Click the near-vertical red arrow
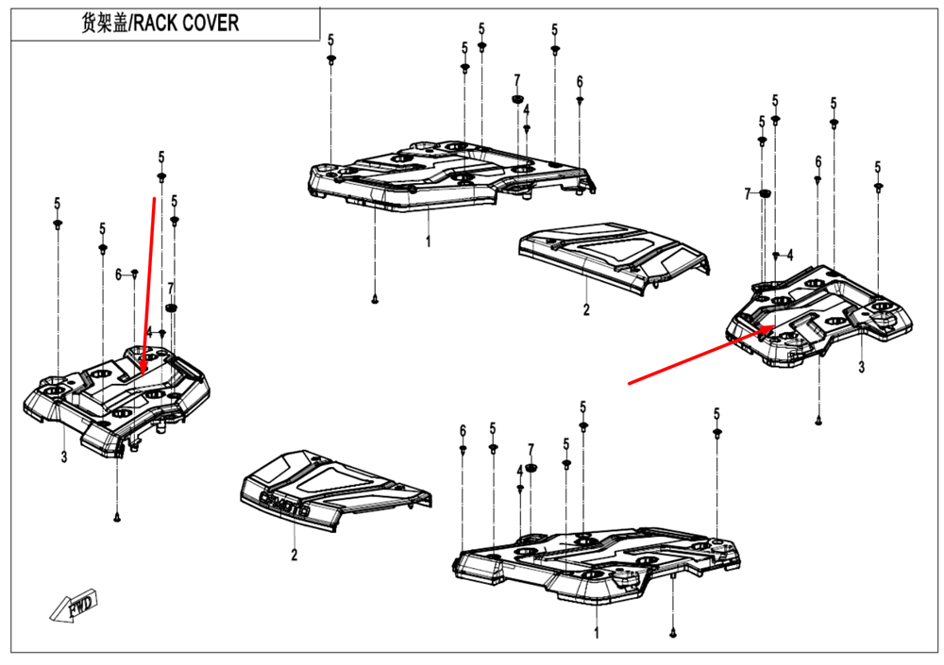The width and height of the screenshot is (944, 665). (149, 283)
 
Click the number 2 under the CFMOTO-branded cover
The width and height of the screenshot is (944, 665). (294, 556)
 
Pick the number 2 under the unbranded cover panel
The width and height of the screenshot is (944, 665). (585, 309)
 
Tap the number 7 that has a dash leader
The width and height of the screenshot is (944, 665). (747, 193)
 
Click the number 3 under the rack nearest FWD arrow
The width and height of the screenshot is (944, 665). (64, 458)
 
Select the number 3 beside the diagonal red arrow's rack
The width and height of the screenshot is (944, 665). (861, 366)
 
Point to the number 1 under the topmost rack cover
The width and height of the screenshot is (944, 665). (428, 241)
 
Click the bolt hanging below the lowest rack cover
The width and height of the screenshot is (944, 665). (672, 634)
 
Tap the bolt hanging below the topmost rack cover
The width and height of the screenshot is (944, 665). (375, 299)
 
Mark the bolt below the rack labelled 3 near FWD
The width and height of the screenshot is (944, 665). (117, 517)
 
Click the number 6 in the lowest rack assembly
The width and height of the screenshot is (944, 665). (463, 431)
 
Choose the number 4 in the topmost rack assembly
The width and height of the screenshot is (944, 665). (526, 109)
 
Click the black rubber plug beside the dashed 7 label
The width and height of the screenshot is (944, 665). (765, 193)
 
